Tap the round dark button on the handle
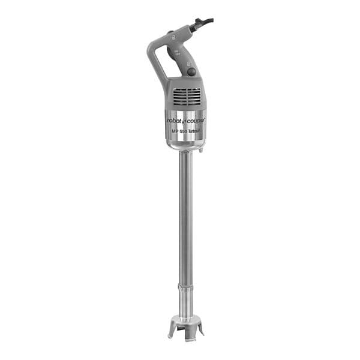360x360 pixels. click(x=191, y=71)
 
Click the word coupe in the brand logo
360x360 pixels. click(x=195, y=120)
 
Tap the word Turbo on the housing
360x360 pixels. click(x=196, y=130)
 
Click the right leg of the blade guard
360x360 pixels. click(x=200, y=327)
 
